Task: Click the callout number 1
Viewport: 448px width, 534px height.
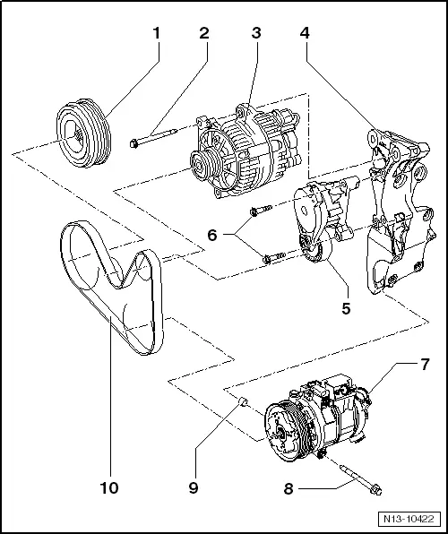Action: [x=157, y=35]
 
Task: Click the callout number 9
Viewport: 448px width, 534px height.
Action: [x=194, y=488]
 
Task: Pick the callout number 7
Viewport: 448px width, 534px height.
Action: [x=424, y=366]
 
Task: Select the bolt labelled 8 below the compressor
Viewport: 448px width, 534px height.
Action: [x=358, y=479]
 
